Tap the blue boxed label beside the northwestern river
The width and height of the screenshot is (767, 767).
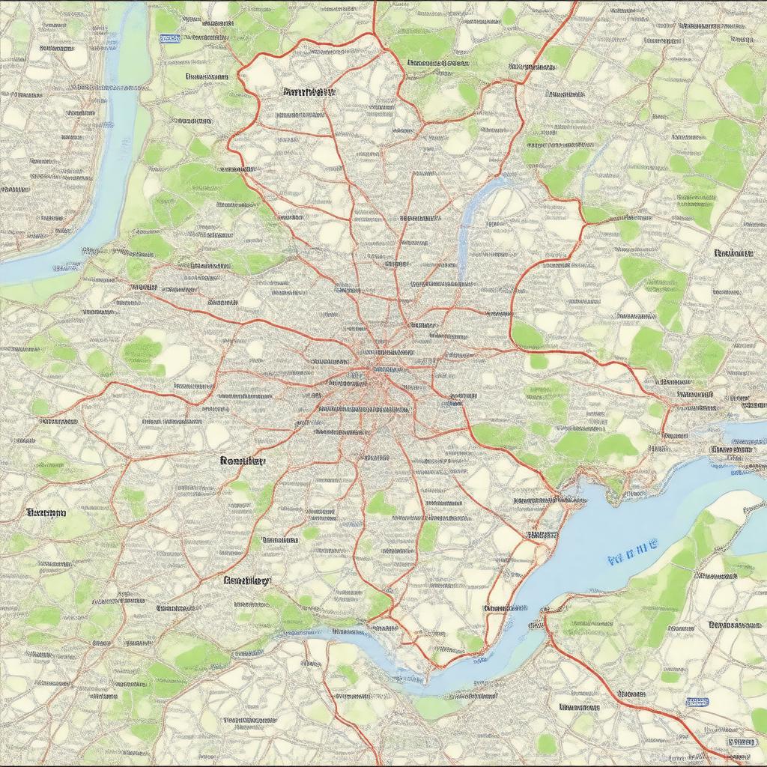click(x=169, y=38)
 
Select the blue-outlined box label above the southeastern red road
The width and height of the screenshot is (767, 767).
click(x=697, y=702)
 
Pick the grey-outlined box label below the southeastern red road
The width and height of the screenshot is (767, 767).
click(x=741, y=742)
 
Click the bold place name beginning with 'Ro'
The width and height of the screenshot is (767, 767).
click(x=243, y=461)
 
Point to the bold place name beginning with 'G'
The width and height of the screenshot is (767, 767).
click(x=246, y=580)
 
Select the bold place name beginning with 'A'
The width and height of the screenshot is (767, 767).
click(x=309, y=92)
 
